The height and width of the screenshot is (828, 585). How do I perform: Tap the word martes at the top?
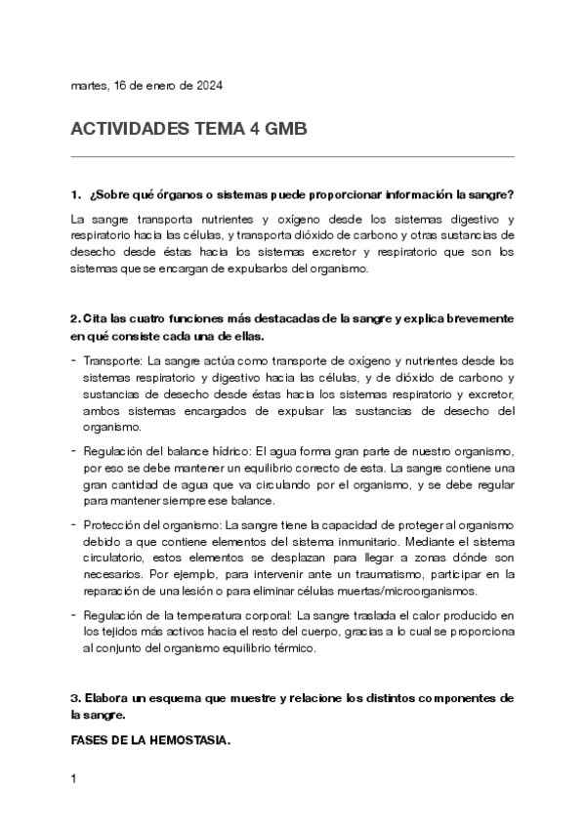click(x=89, y=86)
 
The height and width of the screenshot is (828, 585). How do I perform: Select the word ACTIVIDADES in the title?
click(x=133, y=130)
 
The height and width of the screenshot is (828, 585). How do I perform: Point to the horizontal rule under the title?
click(x=292, y=156)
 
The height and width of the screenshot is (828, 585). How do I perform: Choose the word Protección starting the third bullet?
click(x=116, y=524)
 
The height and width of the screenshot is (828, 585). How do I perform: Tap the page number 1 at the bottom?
click(x=74, y=780)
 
